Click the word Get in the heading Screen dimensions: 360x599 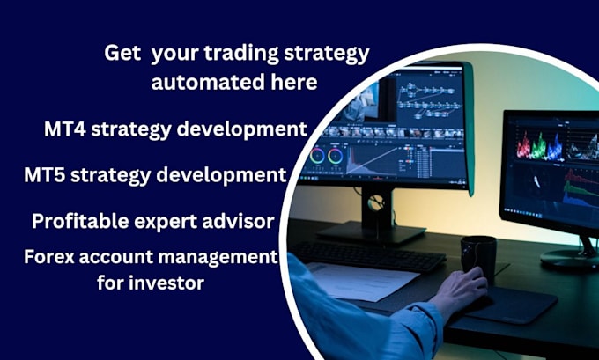(122, 54)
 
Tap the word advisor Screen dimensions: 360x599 (238, 221)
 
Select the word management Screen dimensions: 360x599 (225, 258)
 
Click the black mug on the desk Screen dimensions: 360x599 (479, 255)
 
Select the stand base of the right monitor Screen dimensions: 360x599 (568, 257)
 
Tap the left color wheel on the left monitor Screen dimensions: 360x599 (318, 156)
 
